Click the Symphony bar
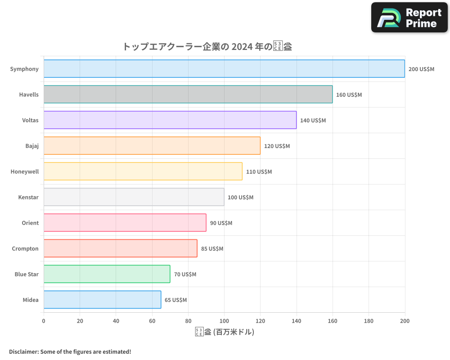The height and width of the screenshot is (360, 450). point(224,69)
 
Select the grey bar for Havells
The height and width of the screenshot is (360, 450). point(188,94)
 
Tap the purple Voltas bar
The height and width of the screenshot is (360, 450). point(170,120)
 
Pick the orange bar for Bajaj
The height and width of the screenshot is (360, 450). point(152,146)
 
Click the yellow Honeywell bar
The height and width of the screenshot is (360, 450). point(143,171)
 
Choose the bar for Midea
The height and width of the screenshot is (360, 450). point(102,300)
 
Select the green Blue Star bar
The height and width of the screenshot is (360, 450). point(107,274)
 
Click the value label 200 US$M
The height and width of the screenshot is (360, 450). point(421,69)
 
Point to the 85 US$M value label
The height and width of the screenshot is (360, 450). point(212,249)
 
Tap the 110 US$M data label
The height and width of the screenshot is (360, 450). point(259,172)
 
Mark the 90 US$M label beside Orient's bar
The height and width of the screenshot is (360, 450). point(221,223)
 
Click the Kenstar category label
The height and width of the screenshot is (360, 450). point(28,197)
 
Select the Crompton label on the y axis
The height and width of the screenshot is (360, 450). point(25,248)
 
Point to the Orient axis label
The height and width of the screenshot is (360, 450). point(30,223)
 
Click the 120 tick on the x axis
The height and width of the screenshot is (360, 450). point(260,321)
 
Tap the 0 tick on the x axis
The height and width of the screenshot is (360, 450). point(44,321)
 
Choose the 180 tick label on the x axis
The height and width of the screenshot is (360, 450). point(369,321)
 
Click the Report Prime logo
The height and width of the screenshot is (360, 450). point(409,18)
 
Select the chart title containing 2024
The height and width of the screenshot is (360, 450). point(207,46)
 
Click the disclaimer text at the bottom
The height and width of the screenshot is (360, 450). point(70,351)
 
